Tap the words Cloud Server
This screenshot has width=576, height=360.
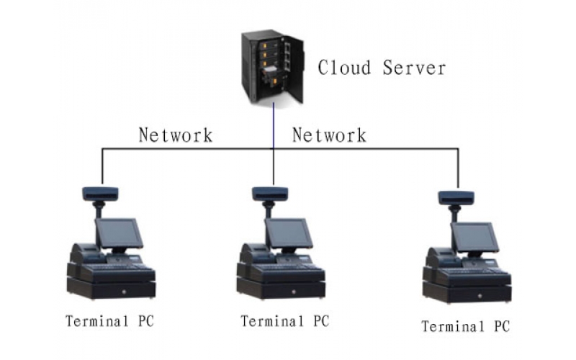(382, 68)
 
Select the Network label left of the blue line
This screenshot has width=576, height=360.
(176, 135)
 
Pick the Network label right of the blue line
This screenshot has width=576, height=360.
(329, 135)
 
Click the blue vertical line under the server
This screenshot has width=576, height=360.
(273, 126)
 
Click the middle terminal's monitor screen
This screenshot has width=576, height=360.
(289, 233)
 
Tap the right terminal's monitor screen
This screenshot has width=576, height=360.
(475, 237)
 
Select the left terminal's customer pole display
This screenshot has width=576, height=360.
(100, 193)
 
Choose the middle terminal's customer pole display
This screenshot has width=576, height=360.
(270, 193)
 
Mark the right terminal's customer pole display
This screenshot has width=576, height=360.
(456, 197)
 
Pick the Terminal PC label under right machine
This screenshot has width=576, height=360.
(465, 326)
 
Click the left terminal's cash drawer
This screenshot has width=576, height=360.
(112, 290)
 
